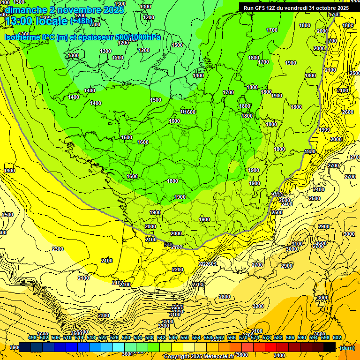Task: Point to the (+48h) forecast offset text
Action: click(x=82, y=22)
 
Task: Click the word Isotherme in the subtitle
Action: click(x=22, y=37)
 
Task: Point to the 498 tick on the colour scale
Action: click(x=32, y=337)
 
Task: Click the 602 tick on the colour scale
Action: click(x=337, y=337)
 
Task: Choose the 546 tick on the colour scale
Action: click(x=173, y=337)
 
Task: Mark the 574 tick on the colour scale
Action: click(x=255, y=337)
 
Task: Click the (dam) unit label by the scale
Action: click(x=347, y=348)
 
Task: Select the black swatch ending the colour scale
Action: click(x=330, y=347)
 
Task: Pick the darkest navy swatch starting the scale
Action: click(x=25, y=347)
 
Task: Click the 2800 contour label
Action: click(x=225, y=297)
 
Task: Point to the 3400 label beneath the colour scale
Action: click(x=280, y=355)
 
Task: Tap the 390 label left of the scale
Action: click(x=14, y=347)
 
